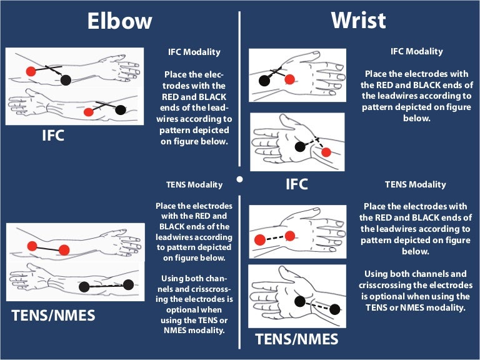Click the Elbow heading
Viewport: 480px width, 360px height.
119,21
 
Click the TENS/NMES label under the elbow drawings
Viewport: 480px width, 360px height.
54,315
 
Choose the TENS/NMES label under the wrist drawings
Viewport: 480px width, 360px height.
297,339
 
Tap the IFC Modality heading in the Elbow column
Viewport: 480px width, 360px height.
194,52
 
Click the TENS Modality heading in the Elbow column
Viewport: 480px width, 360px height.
194,185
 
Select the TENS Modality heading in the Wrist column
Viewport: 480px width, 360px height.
415,184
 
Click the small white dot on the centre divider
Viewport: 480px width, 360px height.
239,179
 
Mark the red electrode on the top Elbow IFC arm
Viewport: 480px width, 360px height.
31,71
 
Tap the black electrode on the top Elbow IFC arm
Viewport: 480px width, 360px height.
66,79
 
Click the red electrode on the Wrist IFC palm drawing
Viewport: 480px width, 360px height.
326,152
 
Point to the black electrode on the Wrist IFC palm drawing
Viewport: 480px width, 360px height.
300,146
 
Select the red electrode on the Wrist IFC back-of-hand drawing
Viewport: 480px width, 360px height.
289,79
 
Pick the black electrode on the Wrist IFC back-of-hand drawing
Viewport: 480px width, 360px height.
264,80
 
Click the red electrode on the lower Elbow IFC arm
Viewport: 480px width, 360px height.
89,112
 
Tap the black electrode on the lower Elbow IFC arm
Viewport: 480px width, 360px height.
118,111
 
